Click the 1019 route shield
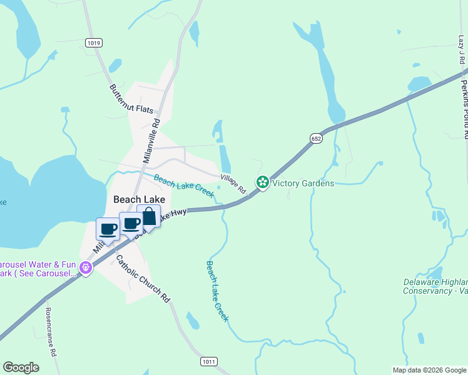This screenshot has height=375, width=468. [94, 42]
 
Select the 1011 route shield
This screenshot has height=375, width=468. [209, 362]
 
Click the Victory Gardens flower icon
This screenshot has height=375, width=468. [263, 182]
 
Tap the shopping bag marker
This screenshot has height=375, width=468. [149, 217]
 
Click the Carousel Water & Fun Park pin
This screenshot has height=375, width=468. [86, 268]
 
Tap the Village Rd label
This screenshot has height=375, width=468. [233, 184]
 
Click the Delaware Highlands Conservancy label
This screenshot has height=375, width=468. [435, 286]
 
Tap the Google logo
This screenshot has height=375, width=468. [21, 367]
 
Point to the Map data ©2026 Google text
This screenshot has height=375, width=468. [429, 370]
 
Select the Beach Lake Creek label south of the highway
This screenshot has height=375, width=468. [217, 291]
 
